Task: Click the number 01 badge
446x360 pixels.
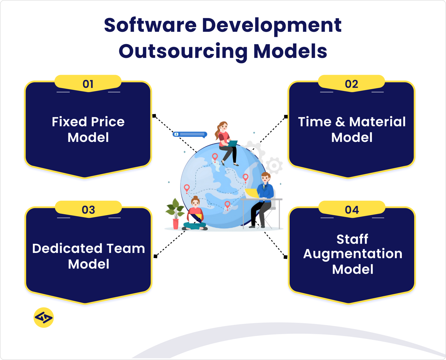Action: pos(88,84)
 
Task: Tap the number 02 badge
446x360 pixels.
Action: pos(351,84)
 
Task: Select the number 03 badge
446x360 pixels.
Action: pos(88,210)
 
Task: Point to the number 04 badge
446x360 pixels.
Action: pos(352,210)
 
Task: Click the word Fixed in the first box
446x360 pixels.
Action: pos(69,122)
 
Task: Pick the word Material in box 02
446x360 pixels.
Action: pos(378,122)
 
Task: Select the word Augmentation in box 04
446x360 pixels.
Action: pos(353,254)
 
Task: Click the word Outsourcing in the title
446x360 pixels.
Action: pos(183,51)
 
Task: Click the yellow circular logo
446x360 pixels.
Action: pos(44,317)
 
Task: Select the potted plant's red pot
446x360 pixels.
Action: pos(176,223)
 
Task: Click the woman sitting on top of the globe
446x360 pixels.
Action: pos(226,142)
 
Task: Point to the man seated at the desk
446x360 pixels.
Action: pos(263,198)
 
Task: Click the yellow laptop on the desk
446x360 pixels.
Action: pos(252,193)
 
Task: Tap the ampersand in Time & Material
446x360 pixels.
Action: pos(340,122)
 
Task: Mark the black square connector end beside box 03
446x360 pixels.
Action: pos(155,256)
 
